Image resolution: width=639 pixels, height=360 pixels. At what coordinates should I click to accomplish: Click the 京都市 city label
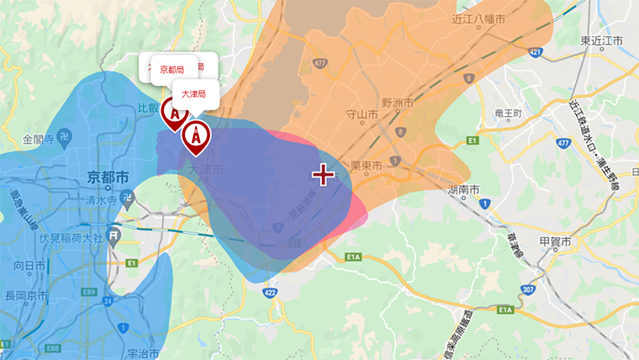108,177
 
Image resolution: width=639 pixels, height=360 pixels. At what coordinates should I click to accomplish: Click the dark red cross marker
323,175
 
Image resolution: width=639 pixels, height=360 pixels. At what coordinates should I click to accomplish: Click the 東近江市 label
602,40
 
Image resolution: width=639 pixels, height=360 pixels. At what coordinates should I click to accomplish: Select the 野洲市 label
398,103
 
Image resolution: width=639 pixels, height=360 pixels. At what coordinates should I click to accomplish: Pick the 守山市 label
362,114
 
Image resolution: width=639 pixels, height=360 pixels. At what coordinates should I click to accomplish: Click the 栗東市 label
367,165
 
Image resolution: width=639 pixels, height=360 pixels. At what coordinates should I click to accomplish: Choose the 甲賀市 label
555,242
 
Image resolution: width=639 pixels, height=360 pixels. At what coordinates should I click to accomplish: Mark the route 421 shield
536,53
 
